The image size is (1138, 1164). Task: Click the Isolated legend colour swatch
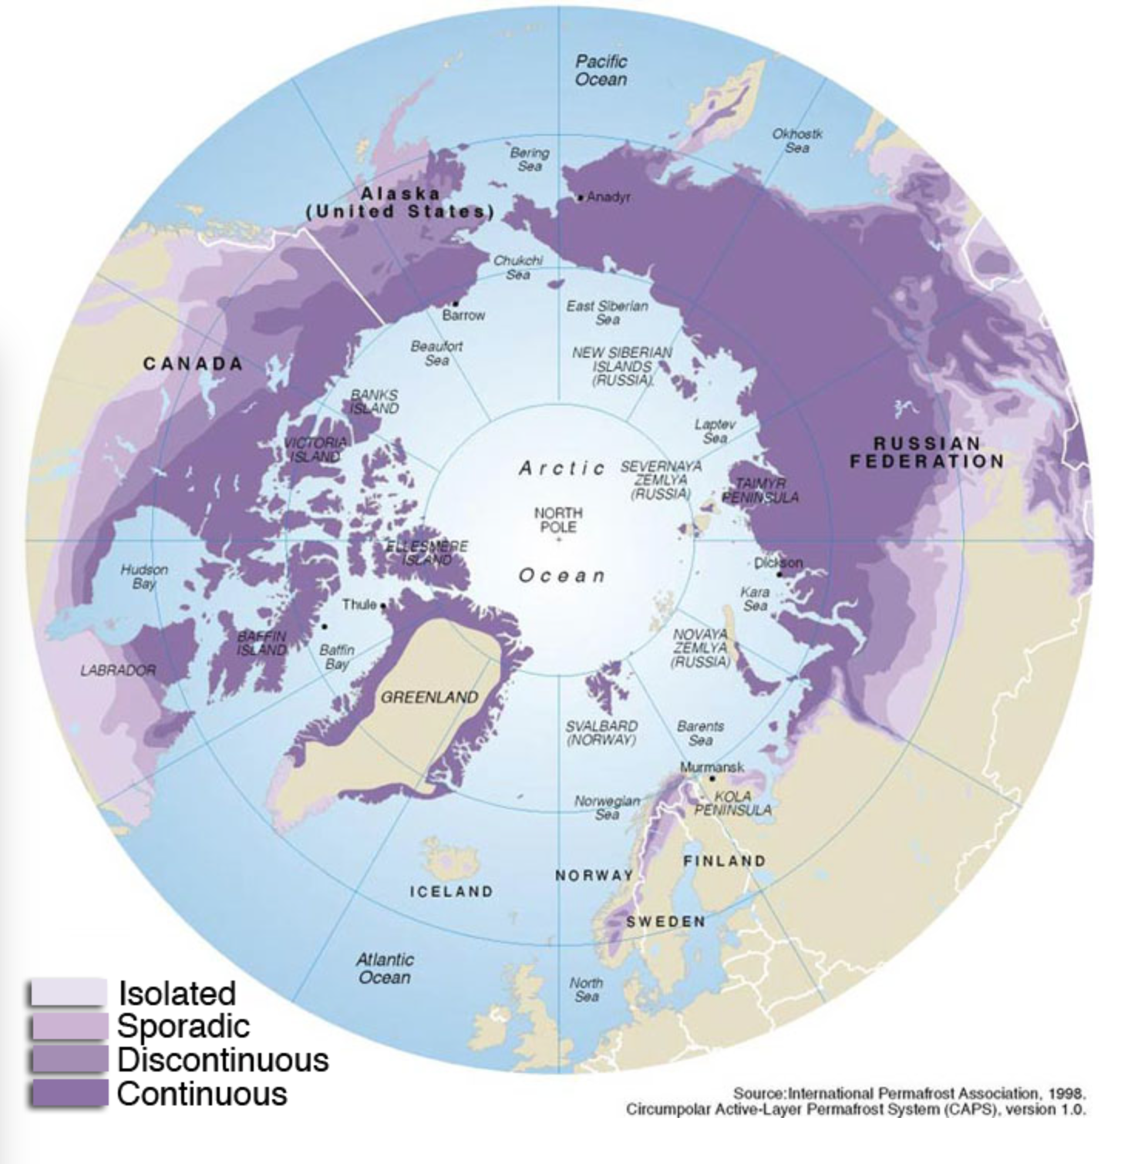point(68,992)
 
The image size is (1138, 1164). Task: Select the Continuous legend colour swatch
point(68,1093)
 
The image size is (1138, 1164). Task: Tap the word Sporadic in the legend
point(183,1026)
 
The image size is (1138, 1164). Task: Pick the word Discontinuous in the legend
point(223,1060)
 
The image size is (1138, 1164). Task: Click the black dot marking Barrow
point(456,303)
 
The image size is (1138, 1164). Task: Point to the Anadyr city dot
point(581,198)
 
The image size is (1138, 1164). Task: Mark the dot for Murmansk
point(712,779)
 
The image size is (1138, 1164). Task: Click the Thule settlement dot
point(383,605)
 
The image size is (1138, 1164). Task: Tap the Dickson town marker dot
point(779,574)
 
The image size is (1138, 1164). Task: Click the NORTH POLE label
point(558,520)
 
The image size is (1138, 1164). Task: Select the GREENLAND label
point(429,698)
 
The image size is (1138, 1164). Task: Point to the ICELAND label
point(451,892)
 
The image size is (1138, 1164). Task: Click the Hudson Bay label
point(144,577)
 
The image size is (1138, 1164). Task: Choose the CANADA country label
point(193,364)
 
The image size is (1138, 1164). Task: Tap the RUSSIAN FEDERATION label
point(927,452)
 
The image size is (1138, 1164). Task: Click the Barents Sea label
point(700,733)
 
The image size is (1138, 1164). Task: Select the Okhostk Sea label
point(797,140)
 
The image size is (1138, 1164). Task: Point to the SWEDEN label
point(665,922)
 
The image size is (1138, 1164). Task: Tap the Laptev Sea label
point(715,431)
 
